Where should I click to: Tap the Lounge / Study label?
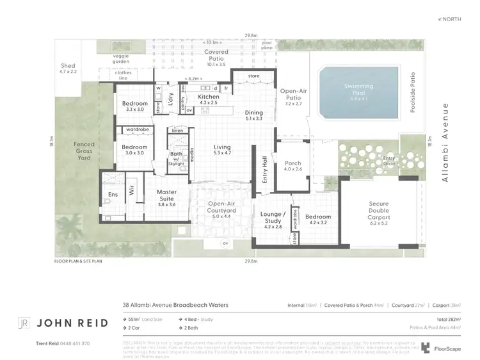coord(273,218)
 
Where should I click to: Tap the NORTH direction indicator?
coord(450,20)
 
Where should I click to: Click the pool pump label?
coord(266,45)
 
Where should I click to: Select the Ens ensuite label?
coord(113,195)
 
